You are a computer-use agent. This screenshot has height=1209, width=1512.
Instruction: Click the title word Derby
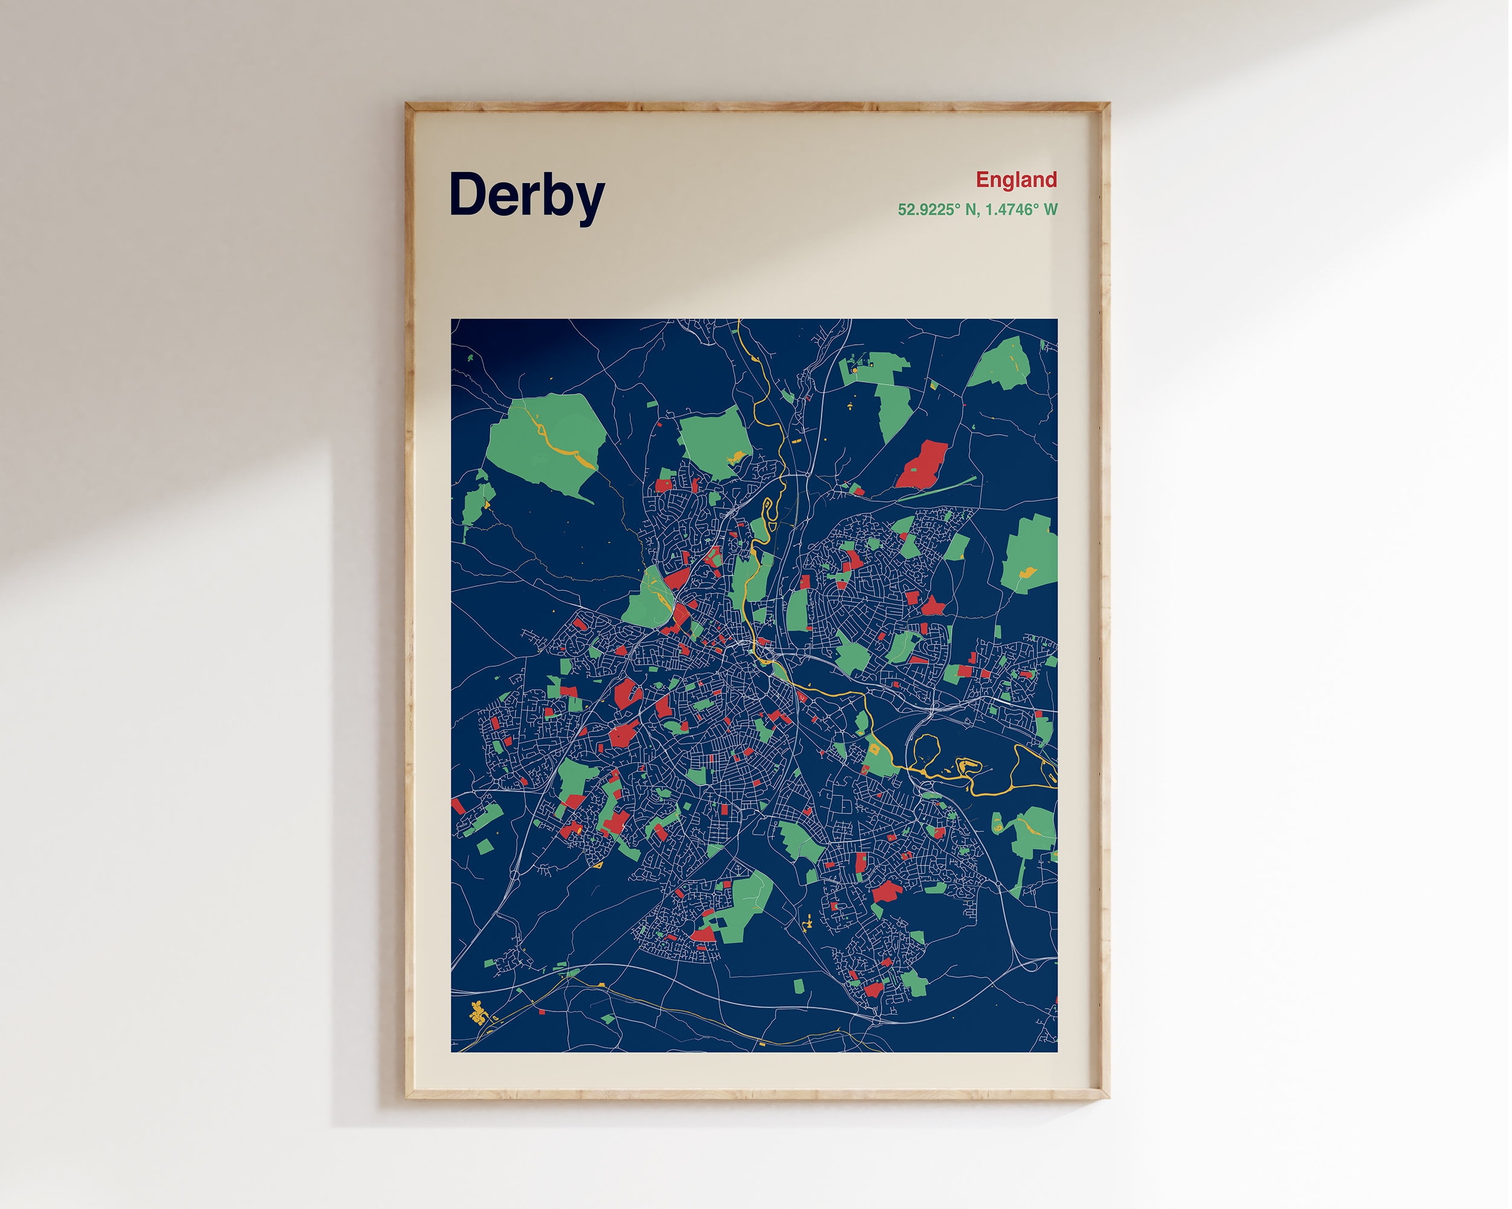(x=527, y=195)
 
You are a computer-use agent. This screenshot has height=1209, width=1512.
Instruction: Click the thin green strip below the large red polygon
(x=940, y=488)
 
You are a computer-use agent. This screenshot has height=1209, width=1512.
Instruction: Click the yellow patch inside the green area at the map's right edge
(x=1027, y=572)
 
